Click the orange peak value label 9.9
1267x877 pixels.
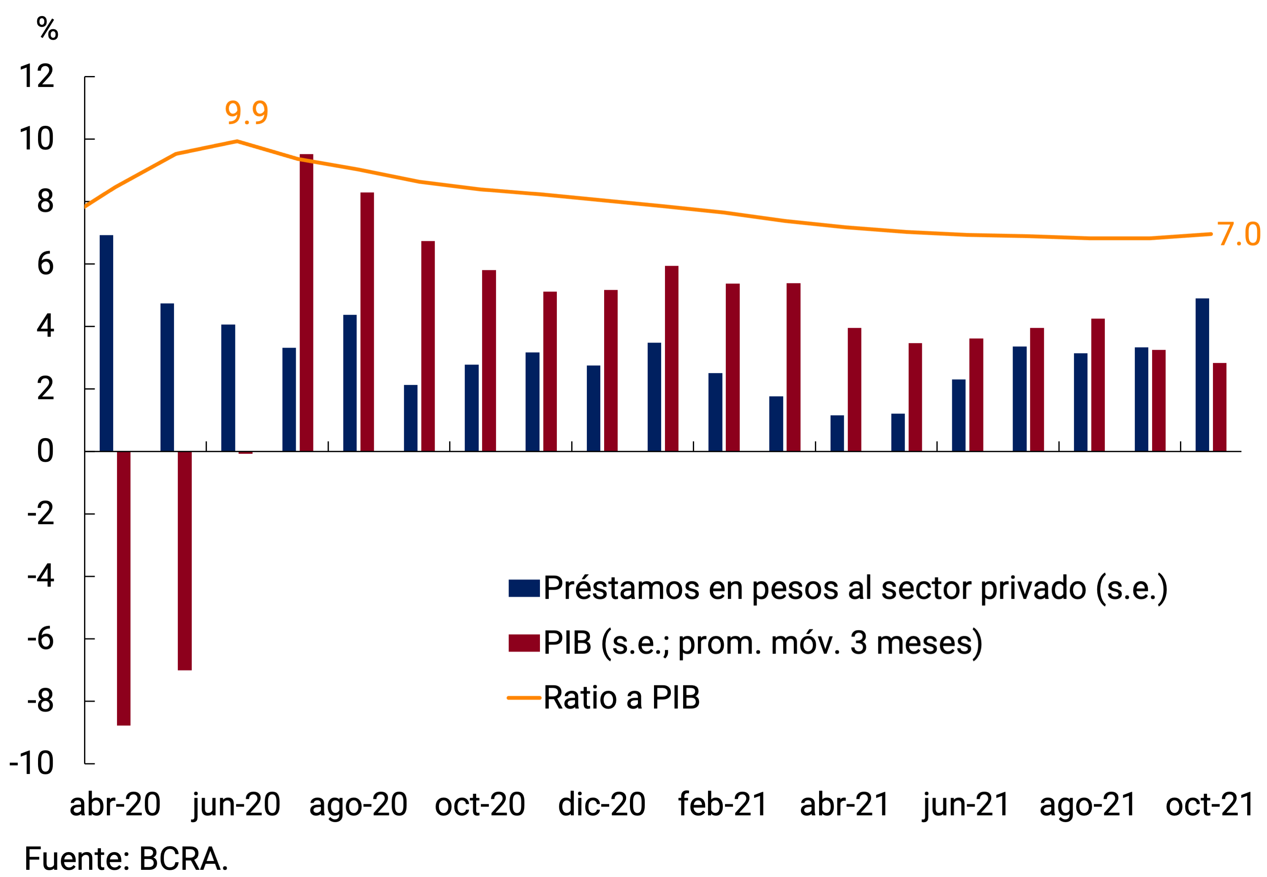pos(246,113)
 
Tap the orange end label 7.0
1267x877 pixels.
pos(1238,234)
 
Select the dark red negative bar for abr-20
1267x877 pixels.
pos(124,588)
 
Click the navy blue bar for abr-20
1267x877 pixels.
pos(106,343)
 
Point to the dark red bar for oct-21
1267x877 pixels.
pos(1220,407)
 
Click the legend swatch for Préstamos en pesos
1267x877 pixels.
pos(523,588)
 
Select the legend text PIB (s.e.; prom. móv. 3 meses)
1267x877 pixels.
pos(763,643)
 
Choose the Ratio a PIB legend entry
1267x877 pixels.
pos(621,697)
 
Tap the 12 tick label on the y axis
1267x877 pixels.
pos(37,76)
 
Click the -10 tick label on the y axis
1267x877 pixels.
pos(32,763)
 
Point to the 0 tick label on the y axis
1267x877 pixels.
pos(45,451)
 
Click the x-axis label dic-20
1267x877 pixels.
pos(602,804)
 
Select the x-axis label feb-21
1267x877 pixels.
pos(722,804)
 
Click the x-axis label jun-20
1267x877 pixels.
pos(236,804)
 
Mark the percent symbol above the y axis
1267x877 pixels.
pos(47,29)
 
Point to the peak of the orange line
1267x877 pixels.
pos(237,141)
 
